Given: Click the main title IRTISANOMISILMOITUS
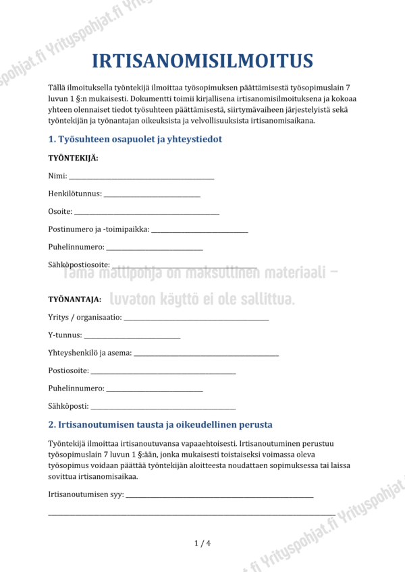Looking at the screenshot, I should click(x=202, y=61).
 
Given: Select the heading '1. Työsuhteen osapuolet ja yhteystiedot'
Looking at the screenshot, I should click(x=135, y=139).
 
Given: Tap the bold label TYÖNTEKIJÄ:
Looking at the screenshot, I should click(x=73, y=158).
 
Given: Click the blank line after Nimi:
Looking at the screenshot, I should click(x=141, y=177).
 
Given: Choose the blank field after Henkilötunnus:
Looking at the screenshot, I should click(x=152, y=196).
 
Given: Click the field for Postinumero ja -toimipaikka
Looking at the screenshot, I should click(x=200, y=231).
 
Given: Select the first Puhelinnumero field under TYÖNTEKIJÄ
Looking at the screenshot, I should click(x=155, y=249).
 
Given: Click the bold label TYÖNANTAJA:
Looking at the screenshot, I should click(x=75, y=298).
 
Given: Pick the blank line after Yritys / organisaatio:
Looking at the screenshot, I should click(x=196, y=318).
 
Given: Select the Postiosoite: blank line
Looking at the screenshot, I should click(x=163, y=372).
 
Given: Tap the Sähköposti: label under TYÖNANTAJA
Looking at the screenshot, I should click(x=68, y=406).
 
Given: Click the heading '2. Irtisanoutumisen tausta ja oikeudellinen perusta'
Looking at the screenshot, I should click(x=161, y=425).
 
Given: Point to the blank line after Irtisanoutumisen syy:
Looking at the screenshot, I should click(x=219, y=496).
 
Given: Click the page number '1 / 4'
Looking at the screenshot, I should click(x=202, y=543).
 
